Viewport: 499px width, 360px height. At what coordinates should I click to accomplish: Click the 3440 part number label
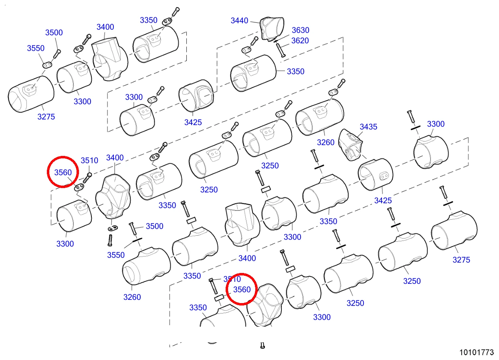point(239,21)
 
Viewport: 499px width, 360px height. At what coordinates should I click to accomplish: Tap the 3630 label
point(301,30)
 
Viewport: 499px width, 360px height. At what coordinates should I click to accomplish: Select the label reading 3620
point(300,40)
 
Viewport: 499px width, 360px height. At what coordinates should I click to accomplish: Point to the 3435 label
point(368,127)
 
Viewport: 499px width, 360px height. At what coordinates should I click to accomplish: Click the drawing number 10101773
point(477,352)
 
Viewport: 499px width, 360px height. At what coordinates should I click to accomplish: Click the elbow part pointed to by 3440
point(272,28)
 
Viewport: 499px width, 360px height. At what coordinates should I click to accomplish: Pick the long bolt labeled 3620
point(280,50)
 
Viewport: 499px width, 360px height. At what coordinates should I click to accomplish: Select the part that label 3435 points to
point(350,145)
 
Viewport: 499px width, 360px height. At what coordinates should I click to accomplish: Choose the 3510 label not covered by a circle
point(89,160)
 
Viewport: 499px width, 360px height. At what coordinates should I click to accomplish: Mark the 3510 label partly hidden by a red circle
point(232,279)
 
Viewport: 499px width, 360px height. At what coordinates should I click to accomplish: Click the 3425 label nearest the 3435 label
point(383,200)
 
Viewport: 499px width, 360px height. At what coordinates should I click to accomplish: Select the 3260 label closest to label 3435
point(326,142)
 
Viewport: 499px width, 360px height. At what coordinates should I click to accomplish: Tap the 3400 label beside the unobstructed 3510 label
point(115,158)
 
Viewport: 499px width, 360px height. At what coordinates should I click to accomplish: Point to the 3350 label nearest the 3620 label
point(296,71)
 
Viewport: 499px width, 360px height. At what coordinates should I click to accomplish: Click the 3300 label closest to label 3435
point(436,124)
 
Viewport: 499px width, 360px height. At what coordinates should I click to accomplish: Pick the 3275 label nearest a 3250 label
point(461,260)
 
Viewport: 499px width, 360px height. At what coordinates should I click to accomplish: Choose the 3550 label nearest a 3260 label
point(116,255)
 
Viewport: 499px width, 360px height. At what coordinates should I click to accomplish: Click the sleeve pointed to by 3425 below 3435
point(376,175)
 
